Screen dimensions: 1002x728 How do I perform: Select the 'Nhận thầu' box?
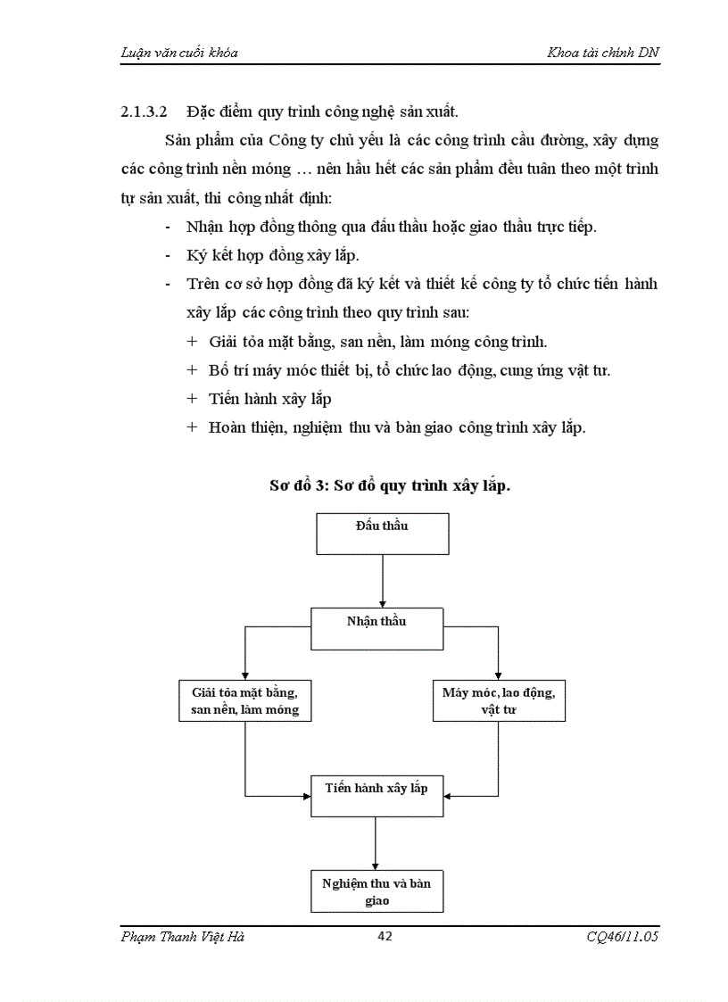click(x=377, y=628)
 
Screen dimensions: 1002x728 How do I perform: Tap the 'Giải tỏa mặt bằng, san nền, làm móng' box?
click(x=244, y=700)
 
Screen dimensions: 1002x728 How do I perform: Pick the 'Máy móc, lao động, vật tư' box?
click(x=498, y=700)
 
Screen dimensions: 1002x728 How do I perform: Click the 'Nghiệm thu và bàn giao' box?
click(x=376, y=891)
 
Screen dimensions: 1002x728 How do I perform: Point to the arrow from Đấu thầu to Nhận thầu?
click(x=382, y=581)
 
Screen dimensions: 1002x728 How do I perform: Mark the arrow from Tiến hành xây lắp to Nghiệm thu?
click(x=376, y=842)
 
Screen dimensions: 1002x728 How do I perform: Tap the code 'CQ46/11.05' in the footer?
click(x=617, y=937)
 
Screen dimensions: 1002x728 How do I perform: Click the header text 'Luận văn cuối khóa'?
click(x=178, y=53)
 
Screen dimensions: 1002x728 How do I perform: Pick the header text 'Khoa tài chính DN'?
click(x=603, y=53)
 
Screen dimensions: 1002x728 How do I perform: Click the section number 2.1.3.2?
click(x=145, y=112)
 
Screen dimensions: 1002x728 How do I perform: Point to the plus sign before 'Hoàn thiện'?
click(x=192, y=426)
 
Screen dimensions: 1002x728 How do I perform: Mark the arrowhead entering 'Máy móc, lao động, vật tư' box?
click(x=498, y=675)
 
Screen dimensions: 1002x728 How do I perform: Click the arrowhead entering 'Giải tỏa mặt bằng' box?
click(x=244, y=675)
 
